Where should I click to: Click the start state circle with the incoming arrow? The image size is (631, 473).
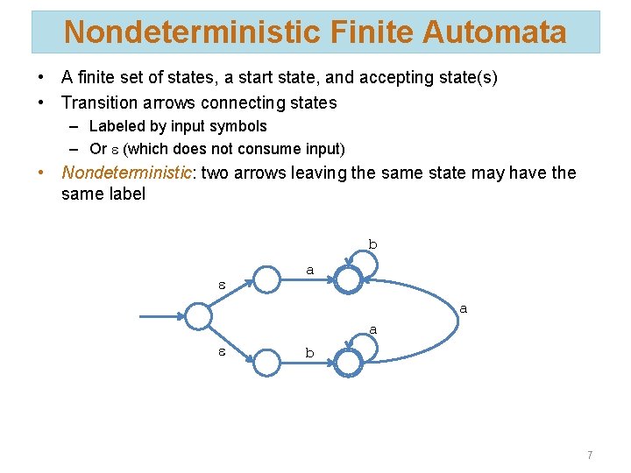click(199, 315)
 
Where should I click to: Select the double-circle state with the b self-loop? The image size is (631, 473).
click(349, 279)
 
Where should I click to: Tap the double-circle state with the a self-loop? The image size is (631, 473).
click(349, 360)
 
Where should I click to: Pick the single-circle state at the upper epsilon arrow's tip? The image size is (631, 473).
click(267, 279)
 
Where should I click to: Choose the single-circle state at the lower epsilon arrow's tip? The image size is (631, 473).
click(267, 360)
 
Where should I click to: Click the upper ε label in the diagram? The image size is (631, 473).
click(223, 285)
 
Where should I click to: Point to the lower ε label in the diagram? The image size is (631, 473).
click(223, 352)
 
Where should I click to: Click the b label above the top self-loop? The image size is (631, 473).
click(372, 244)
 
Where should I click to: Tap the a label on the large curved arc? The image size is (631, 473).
click(463, 308)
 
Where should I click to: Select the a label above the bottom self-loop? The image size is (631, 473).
click(372, 329)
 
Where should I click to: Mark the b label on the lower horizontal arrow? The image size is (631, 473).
click(308, 353)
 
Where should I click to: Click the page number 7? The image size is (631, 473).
click(590, 455)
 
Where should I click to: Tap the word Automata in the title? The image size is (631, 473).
click(494, 32)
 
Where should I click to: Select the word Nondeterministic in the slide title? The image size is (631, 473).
click(192, 32)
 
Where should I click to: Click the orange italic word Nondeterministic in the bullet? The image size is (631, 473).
click(126, 173)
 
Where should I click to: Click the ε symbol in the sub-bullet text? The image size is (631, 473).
click(114, 150)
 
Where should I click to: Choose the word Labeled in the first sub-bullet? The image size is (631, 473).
click(117, 126)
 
